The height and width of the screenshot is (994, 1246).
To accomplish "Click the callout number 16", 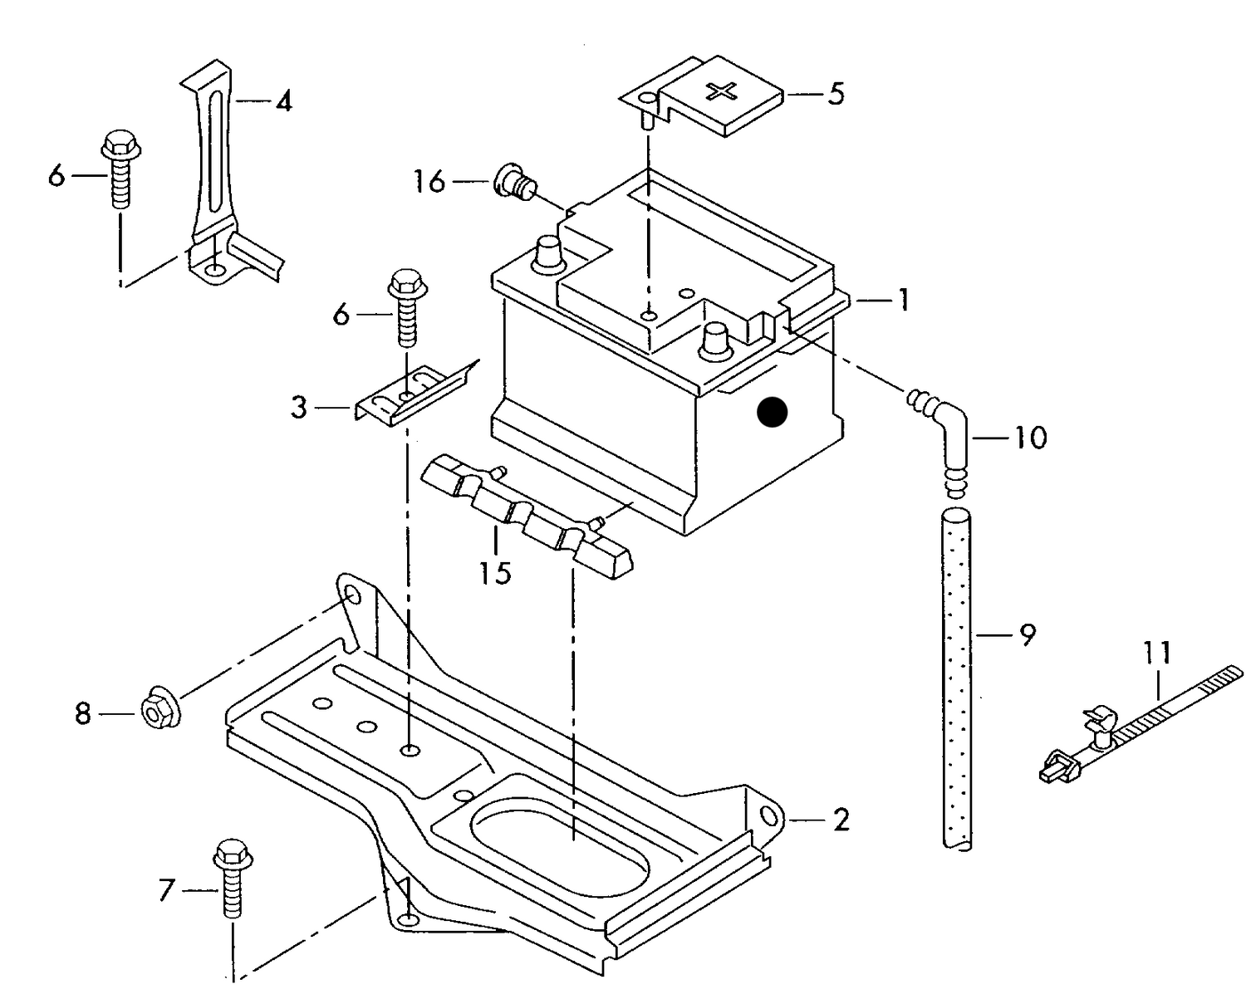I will point(429,181).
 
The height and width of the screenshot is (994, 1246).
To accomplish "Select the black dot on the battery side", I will point(773,412).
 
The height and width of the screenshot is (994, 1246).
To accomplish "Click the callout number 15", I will point(495,572).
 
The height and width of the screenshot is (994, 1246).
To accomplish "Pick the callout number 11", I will point(1157,653).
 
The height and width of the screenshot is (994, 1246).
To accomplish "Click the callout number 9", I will point(1028,635).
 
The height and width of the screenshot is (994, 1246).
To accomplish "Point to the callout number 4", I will point(284,102).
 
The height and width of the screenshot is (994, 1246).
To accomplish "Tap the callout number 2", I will point(841,820).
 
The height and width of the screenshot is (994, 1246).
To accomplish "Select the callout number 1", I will point(901,300).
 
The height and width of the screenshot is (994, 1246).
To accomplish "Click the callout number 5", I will point(836,94).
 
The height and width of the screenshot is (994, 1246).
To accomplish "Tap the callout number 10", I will point(1030,438).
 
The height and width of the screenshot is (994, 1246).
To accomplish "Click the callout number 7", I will point(167,891).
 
